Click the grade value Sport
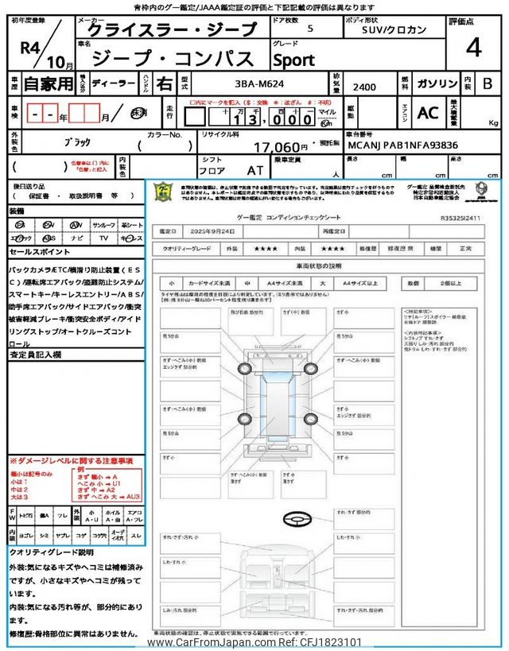[293, 60]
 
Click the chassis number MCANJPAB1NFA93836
[402, 145]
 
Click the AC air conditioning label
[428, 113]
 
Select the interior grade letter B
[488, 83]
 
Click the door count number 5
[309, 28]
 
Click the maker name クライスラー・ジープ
[172, 30]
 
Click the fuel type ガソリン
[437, 83]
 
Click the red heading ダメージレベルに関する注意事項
[72, 461]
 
